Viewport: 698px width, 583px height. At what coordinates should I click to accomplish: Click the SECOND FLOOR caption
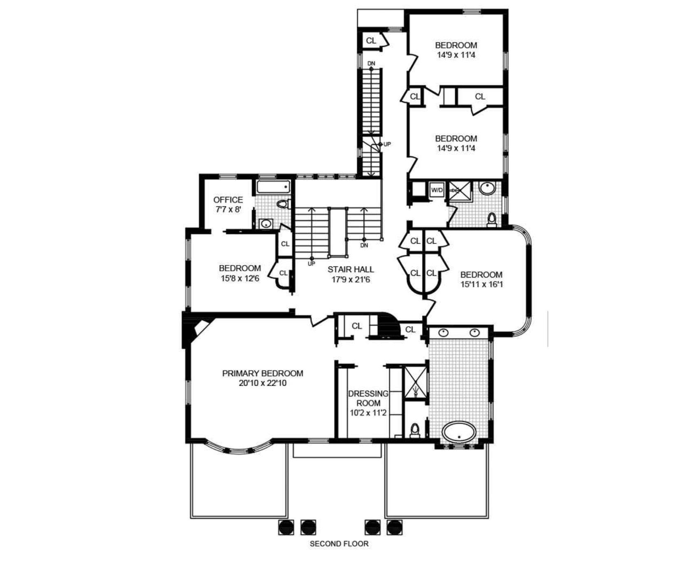click(x=339, y=544)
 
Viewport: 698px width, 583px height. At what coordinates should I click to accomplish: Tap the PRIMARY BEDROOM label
click(x=263, y=373)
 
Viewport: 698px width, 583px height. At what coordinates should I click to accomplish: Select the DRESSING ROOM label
click(x=368, y=399)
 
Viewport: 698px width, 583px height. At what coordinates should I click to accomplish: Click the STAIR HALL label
click(x=351, y=269)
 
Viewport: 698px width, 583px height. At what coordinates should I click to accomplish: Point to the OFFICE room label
click(x=228, y=200)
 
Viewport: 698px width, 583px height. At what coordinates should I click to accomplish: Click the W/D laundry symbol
click(x=437, y=190)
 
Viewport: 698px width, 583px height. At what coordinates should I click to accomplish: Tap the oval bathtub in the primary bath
click(x=459, y=432)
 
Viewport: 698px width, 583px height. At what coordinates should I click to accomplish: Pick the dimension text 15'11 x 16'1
click(x=482, y=284)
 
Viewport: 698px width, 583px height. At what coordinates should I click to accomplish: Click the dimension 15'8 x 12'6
click(x=240, y=278)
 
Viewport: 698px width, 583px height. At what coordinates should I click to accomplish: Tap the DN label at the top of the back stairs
click(x=371, y=63)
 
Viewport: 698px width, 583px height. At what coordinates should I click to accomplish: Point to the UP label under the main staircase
click(x=312, y=264)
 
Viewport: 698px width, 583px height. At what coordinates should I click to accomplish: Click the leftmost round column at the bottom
click(x=286, y=527)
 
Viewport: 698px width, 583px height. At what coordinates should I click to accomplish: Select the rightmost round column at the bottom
click(x=394, y=527)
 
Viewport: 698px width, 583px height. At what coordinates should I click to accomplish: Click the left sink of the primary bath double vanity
click(x=443, y=332)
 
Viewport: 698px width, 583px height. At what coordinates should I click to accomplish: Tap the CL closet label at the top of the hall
click(x=371, y=40)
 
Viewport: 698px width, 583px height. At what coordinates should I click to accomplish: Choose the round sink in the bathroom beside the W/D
click(x=488, y=189)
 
